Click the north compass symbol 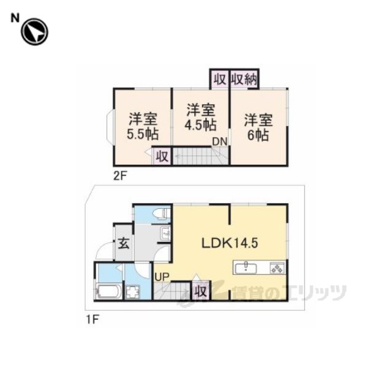(x=34, y=32)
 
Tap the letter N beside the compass (x=15, y=18)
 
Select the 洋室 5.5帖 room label (x=143, y=127)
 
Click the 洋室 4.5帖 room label (x=200, y=117)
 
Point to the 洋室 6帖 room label (x=258, y=127)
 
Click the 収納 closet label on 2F (x=244, y=80)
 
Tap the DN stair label (x=220, y=141)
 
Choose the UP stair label (x=162, y=277)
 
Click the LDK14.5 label (x=230, y=243)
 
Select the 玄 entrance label (x=124, y=243)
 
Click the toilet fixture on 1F (x=162, y=214)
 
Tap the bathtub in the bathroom (x=108, y=291)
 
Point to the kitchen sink (x=246, y=268)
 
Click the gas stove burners (x=277, y=268)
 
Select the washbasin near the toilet (x=165, y=234)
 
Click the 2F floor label (x=120, y=176)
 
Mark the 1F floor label (x=92, y=319)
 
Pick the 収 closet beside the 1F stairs (x=200, y=291)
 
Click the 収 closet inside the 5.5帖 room (x=162, y=156)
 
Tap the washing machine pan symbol (x=132, y=292)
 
